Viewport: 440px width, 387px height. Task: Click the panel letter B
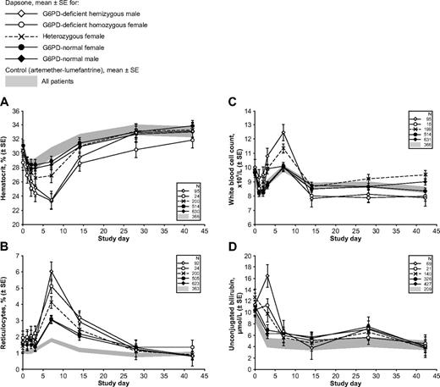8,248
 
